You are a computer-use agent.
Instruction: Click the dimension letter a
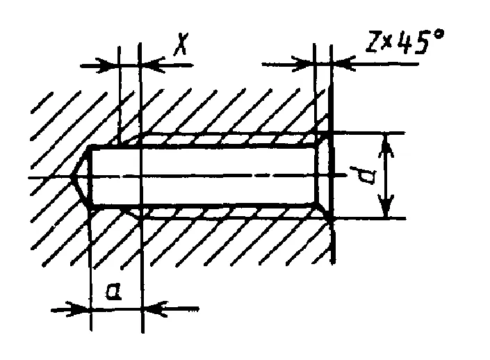tap(113, 292)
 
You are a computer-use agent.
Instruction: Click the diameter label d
tap(363, 176)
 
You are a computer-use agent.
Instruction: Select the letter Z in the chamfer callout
tap(373, 42)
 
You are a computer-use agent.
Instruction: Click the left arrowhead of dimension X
tap(107, 65)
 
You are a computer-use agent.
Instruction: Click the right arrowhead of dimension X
tap(152, 65)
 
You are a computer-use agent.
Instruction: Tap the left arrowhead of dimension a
tap(78, 309)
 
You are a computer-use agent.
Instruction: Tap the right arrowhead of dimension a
tap(156, 309)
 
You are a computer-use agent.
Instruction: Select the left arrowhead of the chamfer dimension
tap(302, 64)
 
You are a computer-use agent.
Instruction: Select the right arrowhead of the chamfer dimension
tap(343, 64)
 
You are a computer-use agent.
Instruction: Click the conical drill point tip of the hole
tap(72, 177)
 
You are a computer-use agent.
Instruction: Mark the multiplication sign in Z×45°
tap(388, 43)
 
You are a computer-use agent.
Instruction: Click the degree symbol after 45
tap(439, 34)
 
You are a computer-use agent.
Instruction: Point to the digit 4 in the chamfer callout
tap(406, 42)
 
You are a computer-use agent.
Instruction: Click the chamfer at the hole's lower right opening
tap(324, 211)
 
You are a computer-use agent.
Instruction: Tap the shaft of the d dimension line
tap(387, 176)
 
